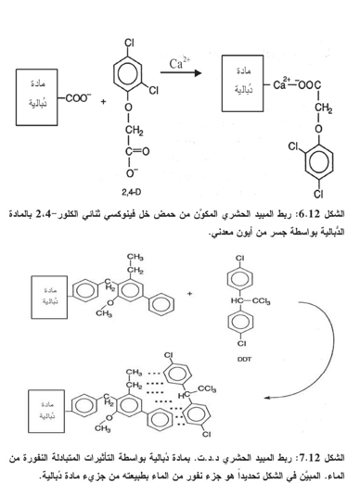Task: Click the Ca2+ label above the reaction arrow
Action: [x=179, y=63]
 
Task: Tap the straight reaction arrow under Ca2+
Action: [x=181, y=73]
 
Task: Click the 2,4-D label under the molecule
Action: [x=131, y=192]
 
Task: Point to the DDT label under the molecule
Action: [x=244, y=359]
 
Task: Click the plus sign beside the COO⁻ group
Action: [x=103, y=101]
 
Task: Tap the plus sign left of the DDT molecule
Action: [x=189, y=293]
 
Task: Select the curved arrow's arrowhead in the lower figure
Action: [x=267, y=398]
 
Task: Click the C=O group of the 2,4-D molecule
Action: [x=137, y=151]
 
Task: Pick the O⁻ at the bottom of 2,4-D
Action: [x=132, y=172]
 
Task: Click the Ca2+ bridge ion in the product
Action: [x=281, y=83]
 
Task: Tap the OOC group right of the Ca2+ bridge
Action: [x=309, y=84]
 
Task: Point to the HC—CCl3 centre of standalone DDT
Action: [x=251, y=300]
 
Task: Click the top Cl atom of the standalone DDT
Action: [x=240, y=258]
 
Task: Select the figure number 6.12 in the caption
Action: [x=309, y=213]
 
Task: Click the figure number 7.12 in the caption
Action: [x=309, y=457]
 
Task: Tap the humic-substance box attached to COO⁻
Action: [x=37, y=97]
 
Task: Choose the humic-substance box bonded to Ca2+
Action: [x=243, y=83]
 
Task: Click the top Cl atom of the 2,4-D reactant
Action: [x=129, y=43]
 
